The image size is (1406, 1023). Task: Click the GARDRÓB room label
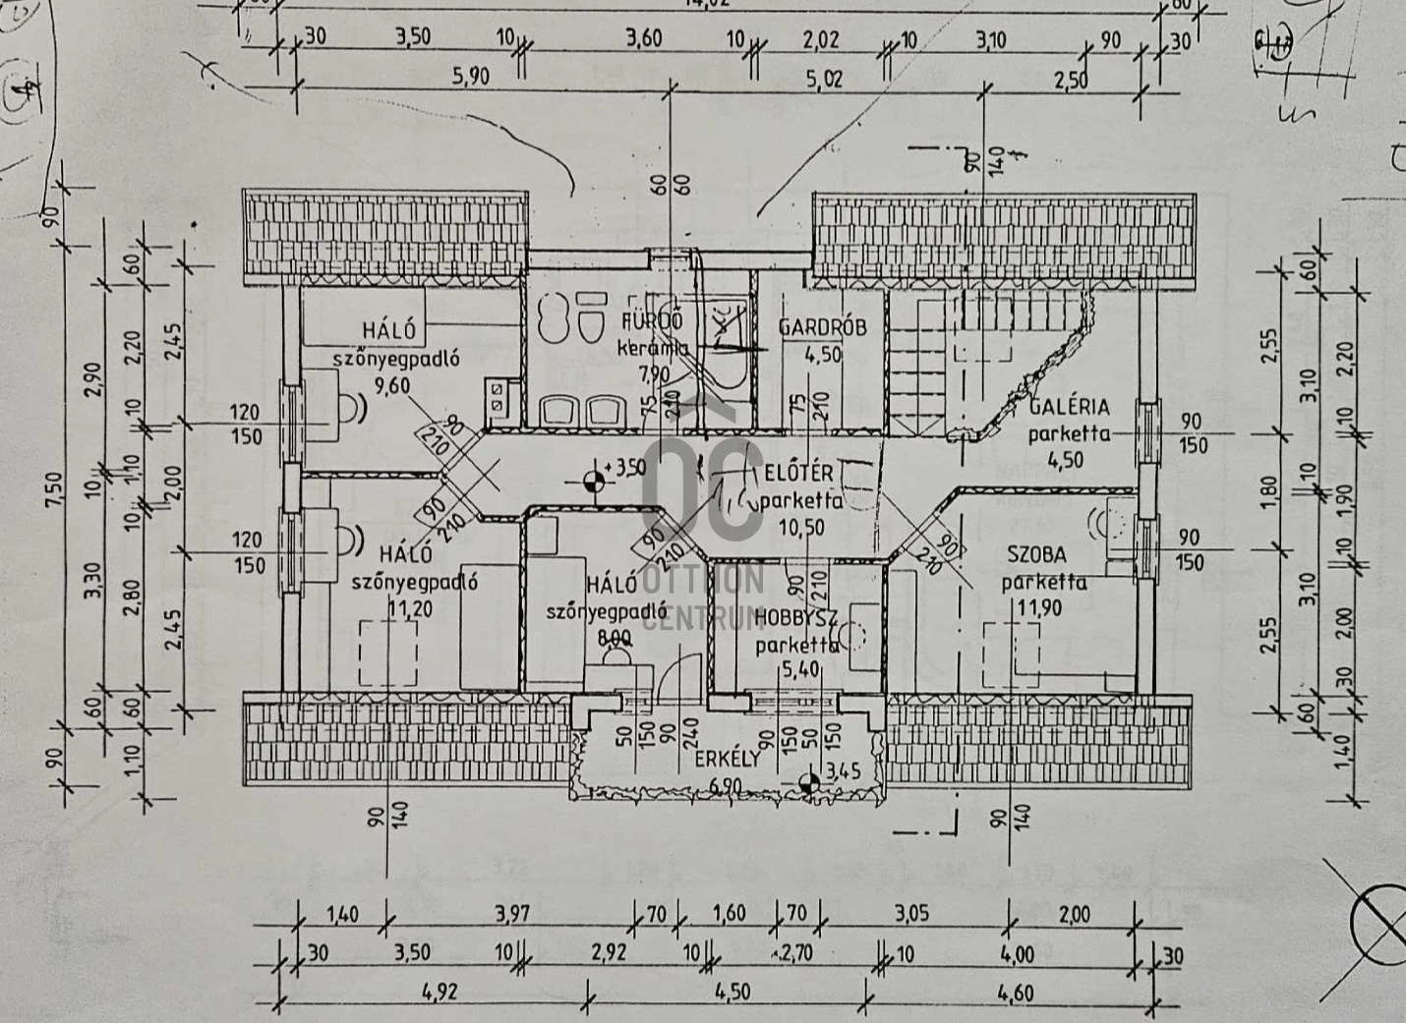click(822, 327)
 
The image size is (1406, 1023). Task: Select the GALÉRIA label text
click(1069, 407)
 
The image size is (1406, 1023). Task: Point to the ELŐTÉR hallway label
click(797, 474)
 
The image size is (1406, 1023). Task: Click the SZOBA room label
click(1036, 555)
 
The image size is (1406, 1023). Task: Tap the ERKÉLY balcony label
click(728, 759)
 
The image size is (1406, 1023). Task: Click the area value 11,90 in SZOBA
click(1039, 608)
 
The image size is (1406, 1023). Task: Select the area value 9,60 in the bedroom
click(391, 385)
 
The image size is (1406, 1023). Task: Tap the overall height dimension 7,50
click(54, 491)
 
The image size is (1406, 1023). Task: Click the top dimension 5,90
click(470, 76)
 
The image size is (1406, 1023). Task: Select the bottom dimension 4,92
click(439, 993)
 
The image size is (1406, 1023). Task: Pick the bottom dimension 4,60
click(1015, 993)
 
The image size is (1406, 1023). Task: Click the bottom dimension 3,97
click(511, 914)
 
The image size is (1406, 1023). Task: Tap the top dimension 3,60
click(644, 39)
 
